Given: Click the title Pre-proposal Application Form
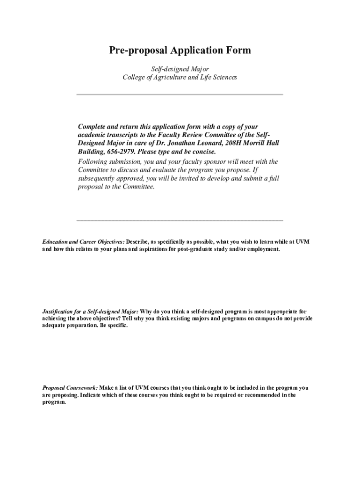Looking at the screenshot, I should (x=180, y=51).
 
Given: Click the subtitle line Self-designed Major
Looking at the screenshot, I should (x=180, y=69).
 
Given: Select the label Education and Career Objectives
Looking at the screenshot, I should (x=83, y=241).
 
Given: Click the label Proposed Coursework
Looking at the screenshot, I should (x=70, y=388).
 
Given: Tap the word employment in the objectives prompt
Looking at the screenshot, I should (x=264, y=249).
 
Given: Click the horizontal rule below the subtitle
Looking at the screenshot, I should (x=180, y=94).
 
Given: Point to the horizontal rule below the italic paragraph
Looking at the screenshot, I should (x=180, y=220).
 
